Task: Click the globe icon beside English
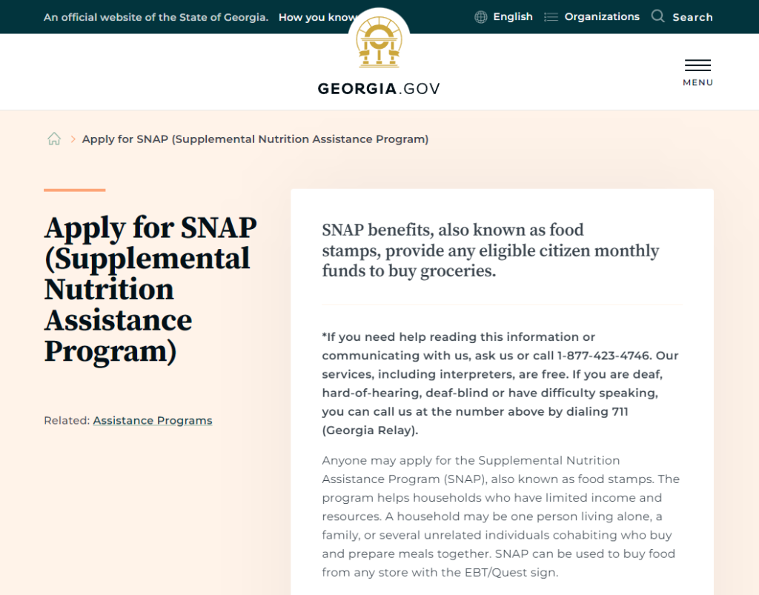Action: [481, 17]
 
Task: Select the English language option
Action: [512, 17]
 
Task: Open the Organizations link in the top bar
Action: [602, 17]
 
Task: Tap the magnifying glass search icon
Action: [657, 16]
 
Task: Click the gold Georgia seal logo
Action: [379, 44]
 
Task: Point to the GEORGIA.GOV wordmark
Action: [379, 89]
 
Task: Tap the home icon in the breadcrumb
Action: [54, 139]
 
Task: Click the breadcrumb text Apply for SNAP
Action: [255, 139]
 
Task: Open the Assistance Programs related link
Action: [153, 421]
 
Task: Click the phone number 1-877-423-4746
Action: [604, 356]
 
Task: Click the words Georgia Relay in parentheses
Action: [370, 431]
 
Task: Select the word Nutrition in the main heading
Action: [109, 290]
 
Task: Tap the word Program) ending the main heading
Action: [110, 351]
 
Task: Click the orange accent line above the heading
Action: [74, 190]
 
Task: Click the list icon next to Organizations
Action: [551, 17]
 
